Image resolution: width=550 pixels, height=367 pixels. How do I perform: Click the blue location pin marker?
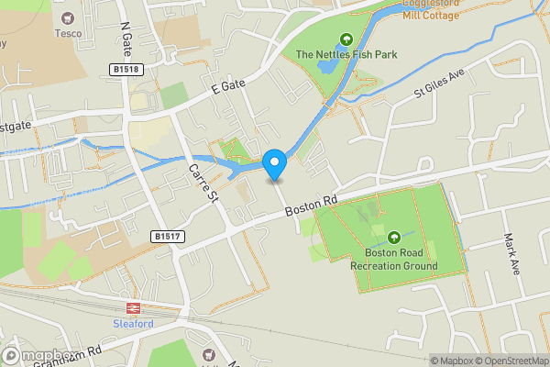[274, 165]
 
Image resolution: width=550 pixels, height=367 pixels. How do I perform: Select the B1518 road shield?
[126, 69]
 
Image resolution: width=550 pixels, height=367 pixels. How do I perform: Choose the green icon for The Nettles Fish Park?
[346, 39]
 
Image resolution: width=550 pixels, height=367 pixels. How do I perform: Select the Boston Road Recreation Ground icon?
[394, 238]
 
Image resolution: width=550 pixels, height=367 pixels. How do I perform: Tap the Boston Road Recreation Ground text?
[394, 260]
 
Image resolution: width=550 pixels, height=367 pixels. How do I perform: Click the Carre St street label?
[202, 183]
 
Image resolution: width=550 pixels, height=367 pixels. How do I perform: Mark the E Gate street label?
[228, 88]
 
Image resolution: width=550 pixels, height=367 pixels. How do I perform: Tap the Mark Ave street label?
[511, 251]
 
